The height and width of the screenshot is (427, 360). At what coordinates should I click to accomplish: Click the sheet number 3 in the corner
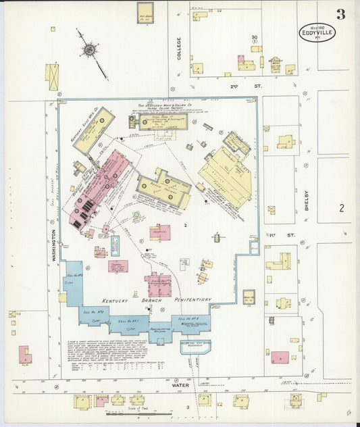(342, 14)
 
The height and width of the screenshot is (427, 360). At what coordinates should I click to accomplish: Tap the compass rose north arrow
(88, 49)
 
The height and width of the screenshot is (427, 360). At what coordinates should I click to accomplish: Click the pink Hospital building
(160, 232)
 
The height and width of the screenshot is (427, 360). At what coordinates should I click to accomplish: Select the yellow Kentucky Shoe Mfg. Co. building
(93, 130)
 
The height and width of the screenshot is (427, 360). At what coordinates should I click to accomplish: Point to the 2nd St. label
(236, 86)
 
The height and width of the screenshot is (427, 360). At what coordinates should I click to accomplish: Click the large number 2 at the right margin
(342, 208)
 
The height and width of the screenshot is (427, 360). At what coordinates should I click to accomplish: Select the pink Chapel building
(118, 266)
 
